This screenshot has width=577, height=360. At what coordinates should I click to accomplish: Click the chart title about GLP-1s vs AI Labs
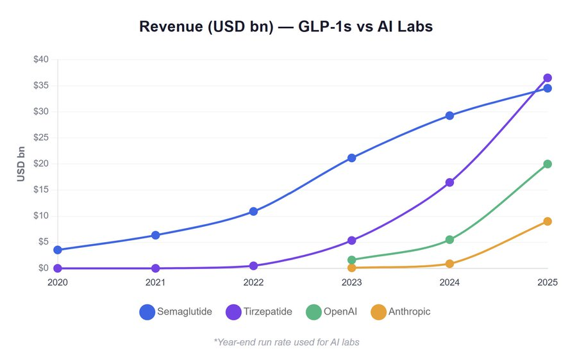pos(286,27)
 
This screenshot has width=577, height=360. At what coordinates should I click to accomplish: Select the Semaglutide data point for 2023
pos(351,158)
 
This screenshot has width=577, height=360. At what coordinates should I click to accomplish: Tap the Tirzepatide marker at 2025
pos(548,78)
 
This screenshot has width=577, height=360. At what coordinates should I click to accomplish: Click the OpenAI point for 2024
pos(449,240)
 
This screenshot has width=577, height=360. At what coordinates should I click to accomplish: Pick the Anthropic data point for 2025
pos(548,221)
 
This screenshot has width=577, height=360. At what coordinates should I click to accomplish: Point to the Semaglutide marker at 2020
pos(58,250)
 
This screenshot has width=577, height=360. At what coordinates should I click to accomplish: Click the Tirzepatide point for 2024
pos(449,183)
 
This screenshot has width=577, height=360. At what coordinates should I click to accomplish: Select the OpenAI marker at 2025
pos(548,164)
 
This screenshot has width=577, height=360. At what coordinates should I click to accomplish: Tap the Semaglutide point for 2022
pos(253,211)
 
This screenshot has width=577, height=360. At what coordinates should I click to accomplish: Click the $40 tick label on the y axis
pos(40,60)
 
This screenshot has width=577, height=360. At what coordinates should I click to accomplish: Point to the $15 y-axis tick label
pos(40,190)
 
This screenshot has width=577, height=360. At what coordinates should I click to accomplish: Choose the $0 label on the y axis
pos(42,268)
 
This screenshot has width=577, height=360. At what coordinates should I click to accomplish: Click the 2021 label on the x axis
pos(155,282)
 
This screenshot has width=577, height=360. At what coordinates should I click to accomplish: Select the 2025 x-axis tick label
pos(547,282)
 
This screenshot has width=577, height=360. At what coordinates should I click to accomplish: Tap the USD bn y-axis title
pos(21,163)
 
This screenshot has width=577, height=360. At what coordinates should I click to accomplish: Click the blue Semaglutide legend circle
pos(147,312)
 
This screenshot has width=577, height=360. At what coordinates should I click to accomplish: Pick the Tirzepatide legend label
pos(269,312)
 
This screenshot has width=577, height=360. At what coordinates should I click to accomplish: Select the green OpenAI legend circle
pos(314,312)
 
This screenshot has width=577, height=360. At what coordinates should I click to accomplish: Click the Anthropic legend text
pos(410,312)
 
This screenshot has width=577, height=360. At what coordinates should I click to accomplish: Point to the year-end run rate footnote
pos(287,342)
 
